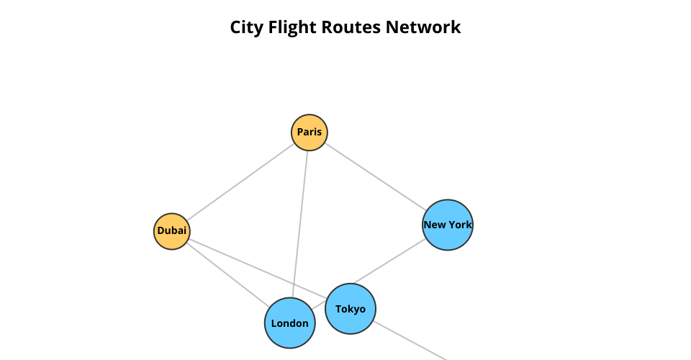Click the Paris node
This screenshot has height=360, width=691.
pyautogui.click(x=310, y=132)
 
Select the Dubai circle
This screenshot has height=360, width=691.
pyautogui.click(x=172, y=231)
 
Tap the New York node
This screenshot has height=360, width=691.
pyautogui.click(x=448, y=225)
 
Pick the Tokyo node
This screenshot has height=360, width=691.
pyautogui.click(x=351, y=309)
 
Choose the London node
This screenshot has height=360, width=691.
pyautogui.click(x=290, y=323)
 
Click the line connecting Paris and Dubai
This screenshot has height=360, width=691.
pyautogui.click(x=240, y=182)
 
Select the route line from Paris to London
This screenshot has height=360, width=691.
pyautogui.click(x=301, y=216)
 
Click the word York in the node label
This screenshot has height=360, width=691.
pyautogui.click(x=460, y=225)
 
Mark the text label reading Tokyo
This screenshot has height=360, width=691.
pyautogui.click(x=351, y=309)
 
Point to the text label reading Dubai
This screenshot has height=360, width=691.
pyautogui.click(x=172, y=231)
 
